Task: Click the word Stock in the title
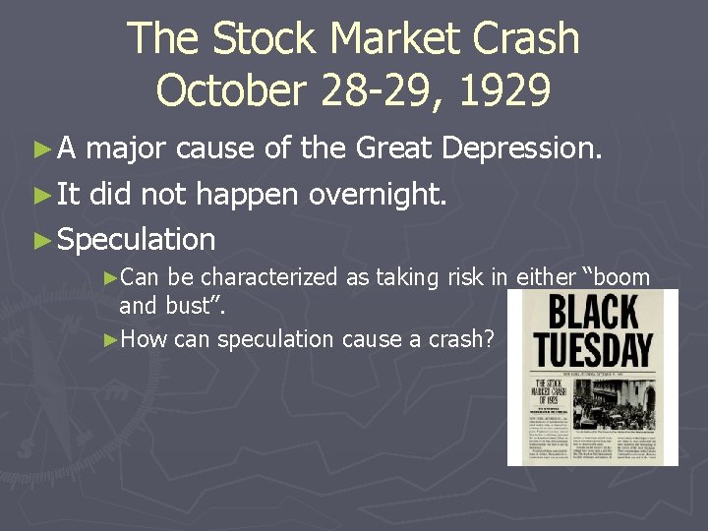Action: coord(265,39)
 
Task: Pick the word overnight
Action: coord(378,194)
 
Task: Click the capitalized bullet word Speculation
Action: coord(137,239)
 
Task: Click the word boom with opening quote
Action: coord(614,277)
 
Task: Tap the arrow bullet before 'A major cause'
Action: coord(40,149)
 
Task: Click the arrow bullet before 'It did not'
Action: coord(40,195)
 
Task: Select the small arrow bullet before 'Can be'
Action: coord(110,278)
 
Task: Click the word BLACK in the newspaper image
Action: coord(593,313)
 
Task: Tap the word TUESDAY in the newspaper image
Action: coord(593,349)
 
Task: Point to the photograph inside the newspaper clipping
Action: coord(619,402)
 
